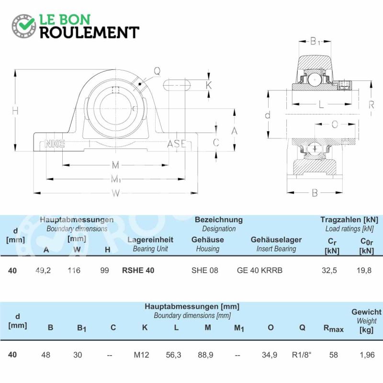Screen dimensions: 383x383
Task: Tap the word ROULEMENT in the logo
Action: click(90, 33)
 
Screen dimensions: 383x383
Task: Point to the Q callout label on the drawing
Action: click(157, 71)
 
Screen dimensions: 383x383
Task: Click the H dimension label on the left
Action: click(15, 111)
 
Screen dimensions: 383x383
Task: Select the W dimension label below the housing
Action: click(116, 193)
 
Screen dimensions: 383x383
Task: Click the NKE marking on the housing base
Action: click(55, 144)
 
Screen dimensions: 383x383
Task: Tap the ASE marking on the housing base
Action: click(177, 144)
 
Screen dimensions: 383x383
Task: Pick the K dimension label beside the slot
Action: click(209, 85)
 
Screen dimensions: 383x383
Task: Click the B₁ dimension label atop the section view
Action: click(315, 41)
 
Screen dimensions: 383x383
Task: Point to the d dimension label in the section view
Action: click(268, 115)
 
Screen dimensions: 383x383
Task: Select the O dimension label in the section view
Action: click(335, 124)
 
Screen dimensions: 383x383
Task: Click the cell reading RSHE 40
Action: click(138, 270)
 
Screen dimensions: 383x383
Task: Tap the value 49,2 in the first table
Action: click(43, 270)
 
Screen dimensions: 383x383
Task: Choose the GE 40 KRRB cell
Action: click(259, 270)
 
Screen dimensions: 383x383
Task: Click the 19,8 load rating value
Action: click(364, 270)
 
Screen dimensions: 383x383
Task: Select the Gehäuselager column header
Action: click(276, 240)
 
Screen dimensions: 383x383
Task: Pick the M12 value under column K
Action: click(141, 355)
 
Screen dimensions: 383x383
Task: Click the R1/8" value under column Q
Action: click(302, 355)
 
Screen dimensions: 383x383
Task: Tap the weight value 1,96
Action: click(367, 355)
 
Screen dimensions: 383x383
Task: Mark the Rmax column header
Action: click(333, 328)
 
